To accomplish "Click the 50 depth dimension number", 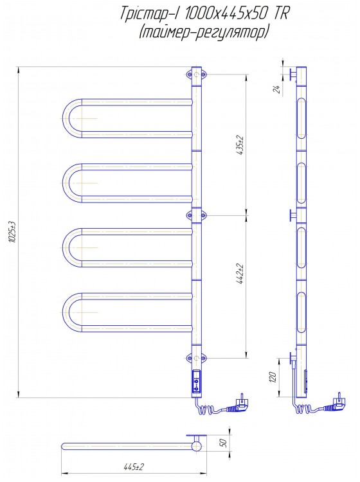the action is point(224,443).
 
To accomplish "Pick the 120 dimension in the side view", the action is point(273,377).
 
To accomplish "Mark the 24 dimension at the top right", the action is point(276,89).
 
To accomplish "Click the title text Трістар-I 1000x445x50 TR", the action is point(204,14).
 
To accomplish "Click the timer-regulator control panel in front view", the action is point(197,382).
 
